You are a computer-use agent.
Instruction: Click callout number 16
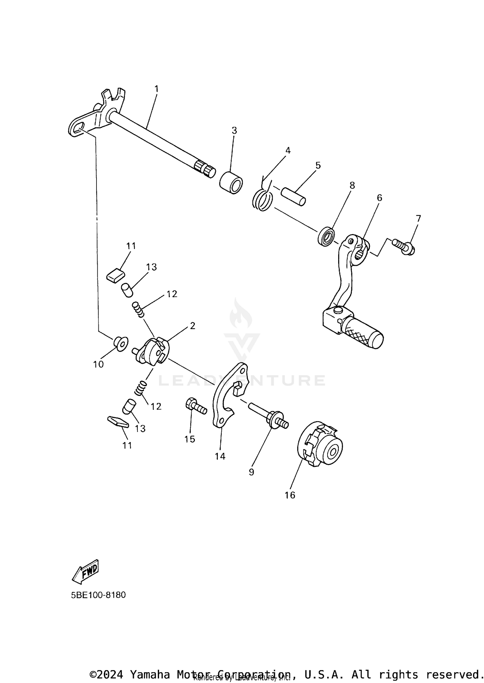pyautogui.click(x=290, y=495)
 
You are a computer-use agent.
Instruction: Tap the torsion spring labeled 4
pyautogui.click(x=263, y=200)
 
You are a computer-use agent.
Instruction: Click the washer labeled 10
pyautogui.click(x=121, y=344)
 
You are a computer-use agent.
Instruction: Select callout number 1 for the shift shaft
pyautogui.click(x=156, y=89)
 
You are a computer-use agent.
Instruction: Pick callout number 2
pyautogui.click(x=193, y=326)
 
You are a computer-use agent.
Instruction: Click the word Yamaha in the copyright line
pyautogui.click(x=150, y=674)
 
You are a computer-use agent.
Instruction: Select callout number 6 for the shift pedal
pyautogui.click(x=379, y=198)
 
